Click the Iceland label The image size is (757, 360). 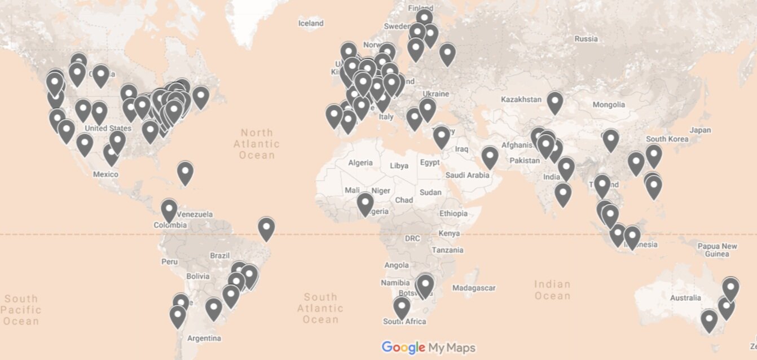[x=311, y=23]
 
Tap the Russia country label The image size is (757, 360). [x=586, y=39]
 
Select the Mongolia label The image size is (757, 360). [x=609, y=104]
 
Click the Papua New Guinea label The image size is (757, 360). [x=717, y=250]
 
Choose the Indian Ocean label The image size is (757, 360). [x=552, y=289]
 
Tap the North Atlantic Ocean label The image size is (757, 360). [x=257, y=143]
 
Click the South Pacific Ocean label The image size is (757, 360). [x=20, y=310]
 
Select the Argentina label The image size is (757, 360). [x=204, y=339]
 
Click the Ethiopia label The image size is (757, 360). [x=454, y=213]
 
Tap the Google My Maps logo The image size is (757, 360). [x=429, y=348]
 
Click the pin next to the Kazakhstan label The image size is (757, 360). [x=555, y=102]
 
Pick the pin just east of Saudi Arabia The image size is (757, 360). [x=490, y=157]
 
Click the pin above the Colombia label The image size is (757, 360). [x=169, y=210]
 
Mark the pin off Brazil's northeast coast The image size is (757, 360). [x=266, y=228]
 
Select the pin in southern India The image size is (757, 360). [x=563, y=194]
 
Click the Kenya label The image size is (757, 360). [x=449, y=233]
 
